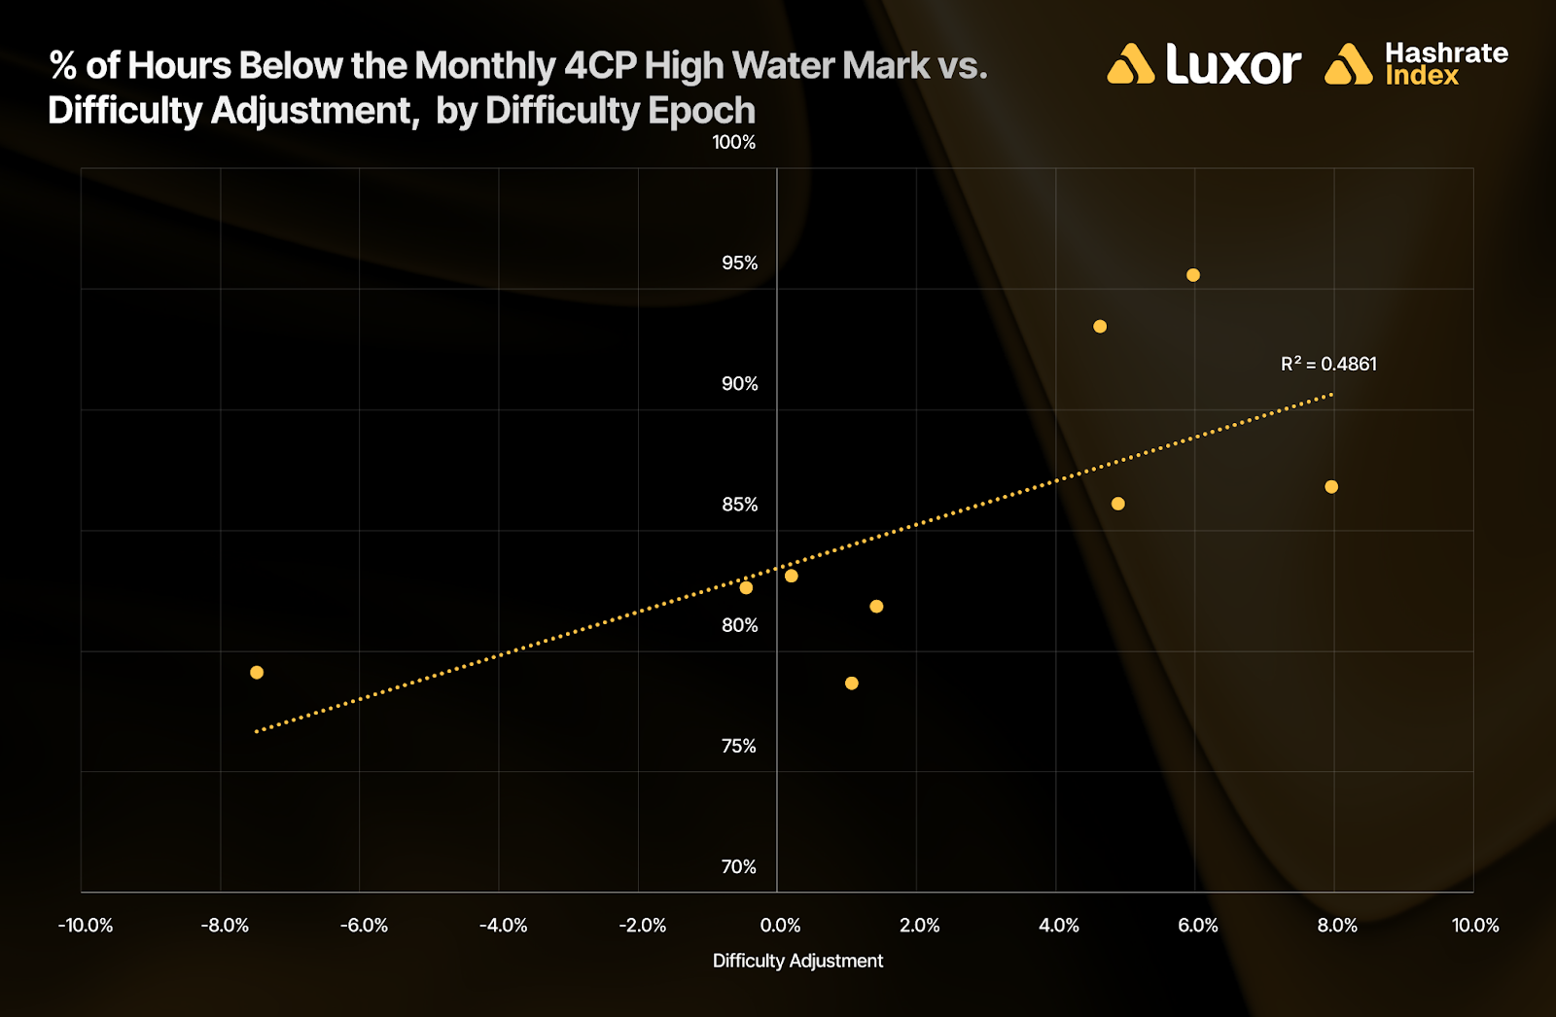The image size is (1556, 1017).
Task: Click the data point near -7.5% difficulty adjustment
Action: (x=257, y=673)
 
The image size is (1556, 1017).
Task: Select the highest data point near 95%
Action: (x=1193, y=275)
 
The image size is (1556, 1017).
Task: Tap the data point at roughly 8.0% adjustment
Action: (x=1331, y=487)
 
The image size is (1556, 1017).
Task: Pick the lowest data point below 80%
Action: (x=852, y=684)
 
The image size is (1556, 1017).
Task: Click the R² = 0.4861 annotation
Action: (x=1328, y=365)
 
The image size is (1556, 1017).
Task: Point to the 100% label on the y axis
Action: (x=733, y=143)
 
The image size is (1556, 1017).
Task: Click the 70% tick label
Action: (x=738, y=867)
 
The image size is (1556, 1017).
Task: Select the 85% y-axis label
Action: (x=739, y=505)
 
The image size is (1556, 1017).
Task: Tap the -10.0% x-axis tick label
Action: (x=86, y=926)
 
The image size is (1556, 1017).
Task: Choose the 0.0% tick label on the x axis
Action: (x=780, y=926)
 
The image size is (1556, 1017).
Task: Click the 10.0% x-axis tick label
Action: (x=1475, y=926)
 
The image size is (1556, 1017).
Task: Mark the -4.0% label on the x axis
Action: (x=503, y=926)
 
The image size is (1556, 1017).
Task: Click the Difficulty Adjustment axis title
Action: (x=797, y=962)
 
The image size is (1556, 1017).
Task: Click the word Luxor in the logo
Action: (x=1233, y=65)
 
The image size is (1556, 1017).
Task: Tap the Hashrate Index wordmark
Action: (x=1446, y=64)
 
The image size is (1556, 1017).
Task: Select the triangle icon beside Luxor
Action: (x=1130, y=65)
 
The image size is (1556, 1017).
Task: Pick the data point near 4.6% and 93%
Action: (x=1100, y=327)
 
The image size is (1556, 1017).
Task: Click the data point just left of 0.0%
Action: (x=746, y=588)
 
